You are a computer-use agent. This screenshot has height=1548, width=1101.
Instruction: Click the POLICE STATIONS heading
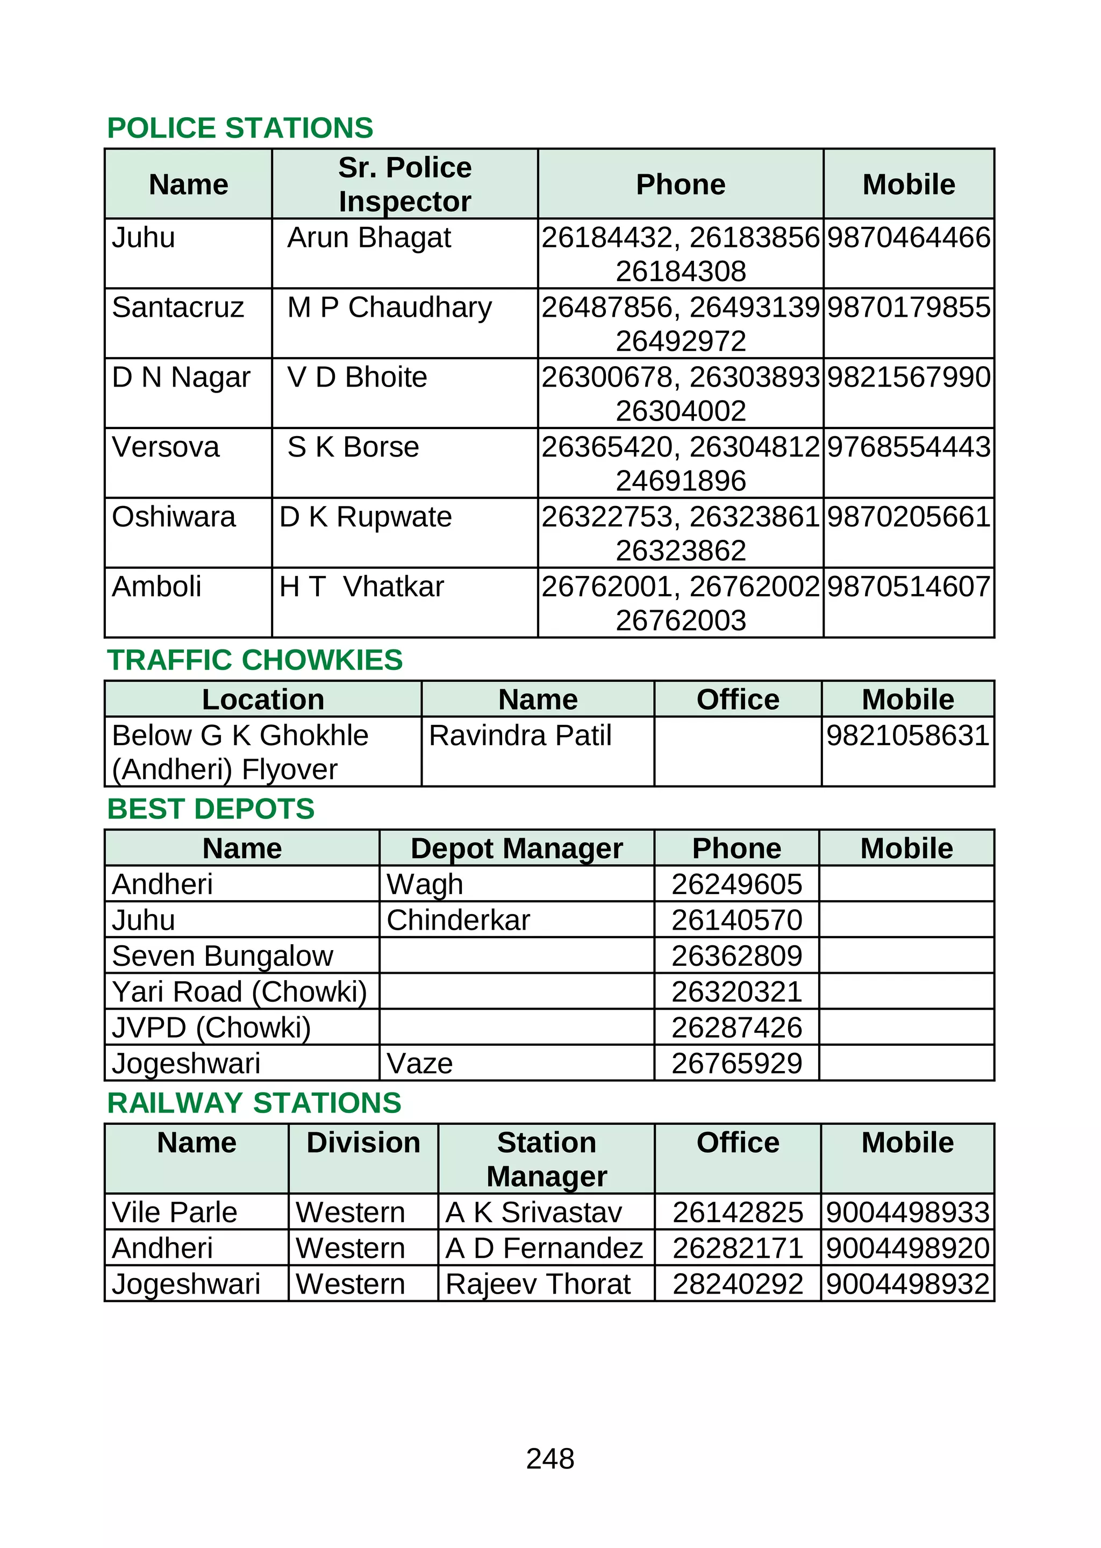coord(240,128)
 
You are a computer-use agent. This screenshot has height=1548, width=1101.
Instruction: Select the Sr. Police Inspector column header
coord(405,184)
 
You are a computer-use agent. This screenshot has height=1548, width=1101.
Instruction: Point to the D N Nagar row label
coord(181,377)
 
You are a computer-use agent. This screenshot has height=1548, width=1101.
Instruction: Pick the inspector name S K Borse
coord(353,447)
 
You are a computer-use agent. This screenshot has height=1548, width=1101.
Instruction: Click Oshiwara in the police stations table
coord(174,517)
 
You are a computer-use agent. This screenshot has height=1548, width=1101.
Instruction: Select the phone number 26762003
coord(681,620)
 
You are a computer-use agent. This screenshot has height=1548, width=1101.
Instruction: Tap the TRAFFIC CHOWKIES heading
coord(255,660)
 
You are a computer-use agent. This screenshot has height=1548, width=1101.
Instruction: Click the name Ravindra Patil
coord(520,736)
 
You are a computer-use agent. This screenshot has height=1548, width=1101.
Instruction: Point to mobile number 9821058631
coord(908,736)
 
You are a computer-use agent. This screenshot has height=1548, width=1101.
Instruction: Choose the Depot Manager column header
coord(517,849)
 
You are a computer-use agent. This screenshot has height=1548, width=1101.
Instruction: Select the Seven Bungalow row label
coord(223,957)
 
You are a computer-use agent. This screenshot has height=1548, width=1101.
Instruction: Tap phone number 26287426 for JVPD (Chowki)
coord(737,1028)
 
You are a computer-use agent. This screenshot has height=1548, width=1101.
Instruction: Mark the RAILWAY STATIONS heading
coord(254,1103)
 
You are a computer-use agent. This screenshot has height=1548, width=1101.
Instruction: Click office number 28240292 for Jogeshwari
coord(738,1284)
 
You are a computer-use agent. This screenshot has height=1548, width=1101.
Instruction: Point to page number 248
coord(550,1459)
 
